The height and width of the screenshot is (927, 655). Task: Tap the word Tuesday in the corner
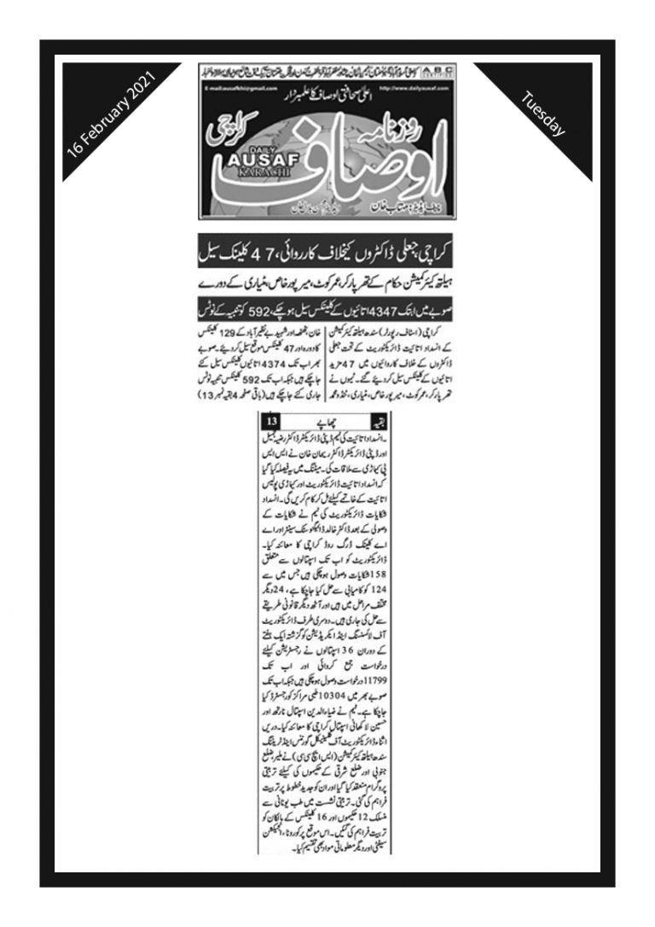[x=543, y=114]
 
